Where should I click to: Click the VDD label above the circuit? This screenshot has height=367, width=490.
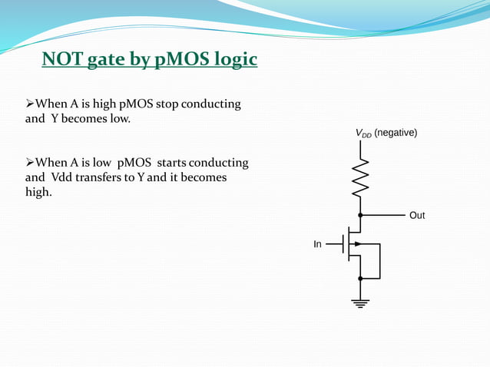click(x=363, y=134)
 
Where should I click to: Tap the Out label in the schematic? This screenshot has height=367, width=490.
click(x=416, y=216)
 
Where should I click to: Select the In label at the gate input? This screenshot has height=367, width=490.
click(x=317, y=244)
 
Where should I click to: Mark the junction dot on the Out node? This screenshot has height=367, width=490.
click(x=359, y=216)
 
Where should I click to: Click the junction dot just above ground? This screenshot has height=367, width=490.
click(x=359, y=279)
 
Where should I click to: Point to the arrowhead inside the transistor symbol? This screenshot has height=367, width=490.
click(x=356, y=244)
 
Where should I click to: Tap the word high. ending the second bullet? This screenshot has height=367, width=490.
click(x=39, y=191)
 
